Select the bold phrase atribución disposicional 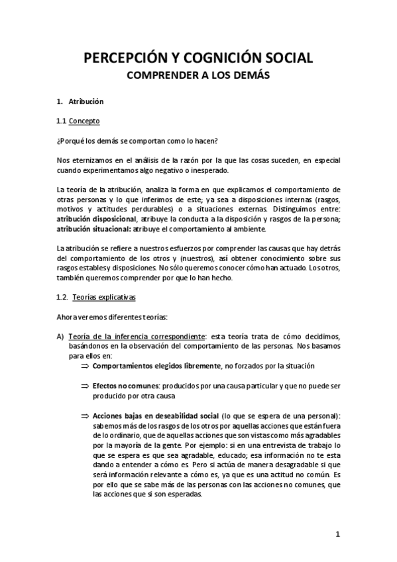click(x=95, y=218)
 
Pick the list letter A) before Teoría click(x=60, y=337)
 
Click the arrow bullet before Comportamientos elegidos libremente click(x=84, y=366)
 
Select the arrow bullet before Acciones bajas click(x=84, y=416)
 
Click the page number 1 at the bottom click(x=337, y=534)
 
